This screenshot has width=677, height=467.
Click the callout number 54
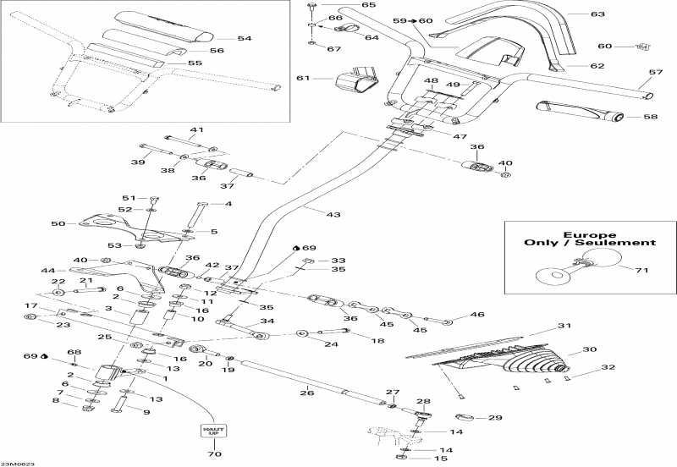[x=245, y=38]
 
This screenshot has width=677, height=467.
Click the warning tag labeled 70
[x=212, y=431]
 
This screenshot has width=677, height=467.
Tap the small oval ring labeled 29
[x=466, y=416]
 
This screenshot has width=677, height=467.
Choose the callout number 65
[x=344, y=5]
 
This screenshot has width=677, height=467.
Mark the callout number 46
[x=477, y=314]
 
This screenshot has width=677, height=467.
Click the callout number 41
[x=196, y=129]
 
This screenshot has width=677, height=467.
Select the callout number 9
[x=146, y=412]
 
